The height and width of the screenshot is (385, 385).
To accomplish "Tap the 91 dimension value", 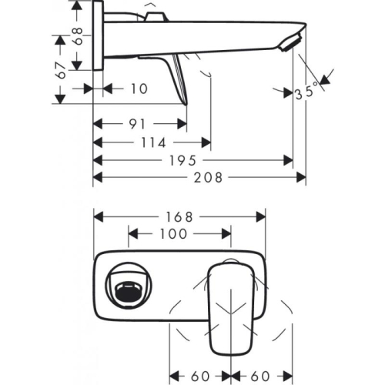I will coord(138,123).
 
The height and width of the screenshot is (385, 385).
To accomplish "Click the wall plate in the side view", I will coord(98,38).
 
